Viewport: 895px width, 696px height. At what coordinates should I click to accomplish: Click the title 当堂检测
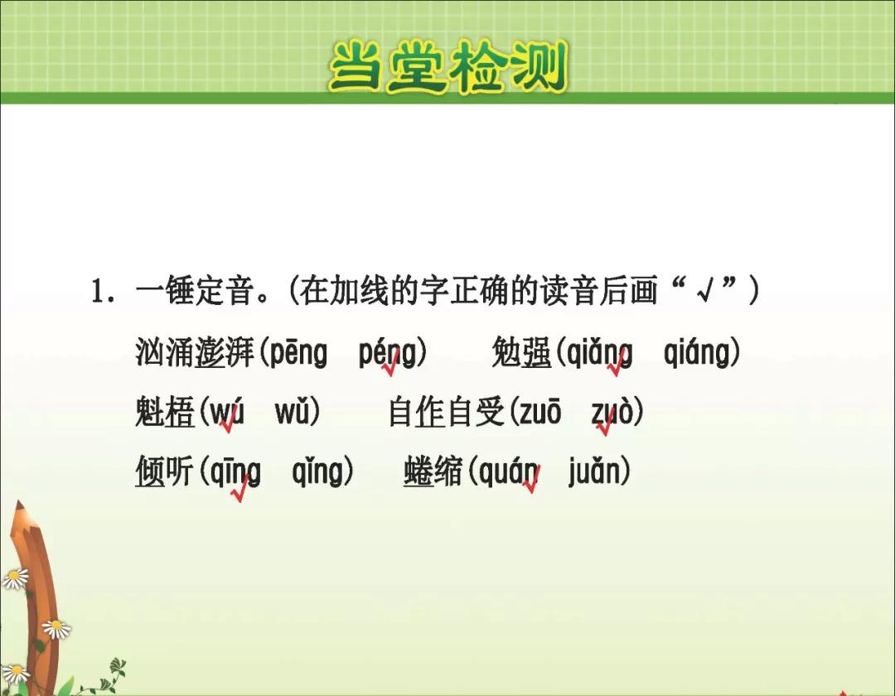click(x=448, y=67)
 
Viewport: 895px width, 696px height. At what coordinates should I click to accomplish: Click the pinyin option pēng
click(x=298, y=353)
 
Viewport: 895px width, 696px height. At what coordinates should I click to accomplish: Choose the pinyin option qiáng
click(x=698, y=353)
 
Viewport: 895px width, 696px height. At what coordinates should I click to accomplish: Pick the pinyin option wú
click(x=226, y=412)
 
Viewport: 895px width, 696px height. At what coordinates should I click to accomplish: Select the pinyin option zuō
click(x=540, y=412)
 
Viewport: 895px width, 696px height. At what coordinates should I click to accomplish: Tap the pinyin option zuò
click(x=612, y=412)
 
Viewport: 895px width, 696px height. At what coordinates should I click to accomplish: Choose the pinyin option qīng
click(x=235, y=472)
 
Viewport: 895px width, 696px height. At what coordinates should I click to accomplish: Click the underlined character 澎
click(x=210, y=352)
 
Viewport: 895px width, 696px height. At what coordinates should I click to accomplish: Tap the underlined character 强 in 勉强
click(x=536, y=352)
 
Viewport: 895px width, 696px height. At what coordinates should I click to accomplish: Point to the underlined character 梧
click(x=180, y=412)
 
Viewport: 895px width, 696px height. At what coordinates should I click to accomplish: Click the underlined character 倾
click(x=149, y=471)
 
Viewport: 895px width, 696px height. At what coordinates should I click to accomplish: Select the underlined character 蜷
click(x=418, y=471)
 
